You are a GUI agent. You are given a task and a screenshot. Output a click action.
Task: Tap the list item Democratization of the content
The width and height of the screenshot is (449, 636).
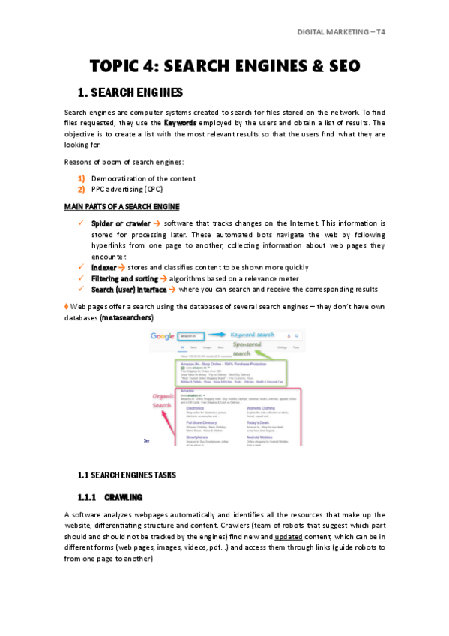click(143, 178)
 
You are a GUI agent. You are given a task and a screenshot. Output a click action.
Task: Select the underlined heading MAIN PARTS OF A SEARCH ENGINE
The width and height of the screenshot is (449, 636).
click(121, 206)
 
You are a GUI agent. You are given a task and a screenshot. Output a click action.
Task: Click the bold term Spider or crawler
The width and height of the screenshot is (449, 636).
click(121, 223)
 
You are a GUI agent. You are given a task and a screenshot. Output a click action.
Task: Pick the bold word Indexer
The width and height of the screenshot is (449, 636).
click(103, 267)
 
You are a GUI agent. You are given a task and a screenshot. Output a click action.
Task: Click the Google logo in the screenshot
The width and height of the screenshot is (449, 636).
click(163, 337)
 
